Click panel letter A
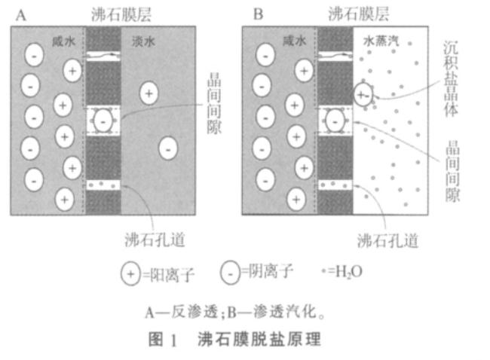click(20, 14)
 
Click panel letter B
click(258, 14)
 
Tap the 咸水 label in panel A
click(64, 41)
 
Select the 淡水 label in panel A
click(143, 41)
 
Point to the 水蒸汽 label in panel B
click(381, 41)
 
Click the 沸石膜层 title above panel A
click(121, 14)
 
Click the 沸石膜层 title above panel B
click(359, 14)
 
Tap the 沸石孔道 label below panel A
click(155, 239)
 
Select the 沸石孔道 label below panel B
click(387, 241)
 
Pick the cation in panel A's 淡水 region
click(149, 93)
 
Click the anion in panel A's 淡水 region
click(168, 148)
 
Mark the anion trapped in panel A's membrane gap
click(103, 121)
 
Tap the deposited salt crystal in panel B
click(363, 95)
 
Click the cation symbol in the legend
click(130, 274)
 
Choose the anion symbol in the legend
click(230, 273)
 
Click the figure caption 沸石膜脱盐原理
click(259, 340)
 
